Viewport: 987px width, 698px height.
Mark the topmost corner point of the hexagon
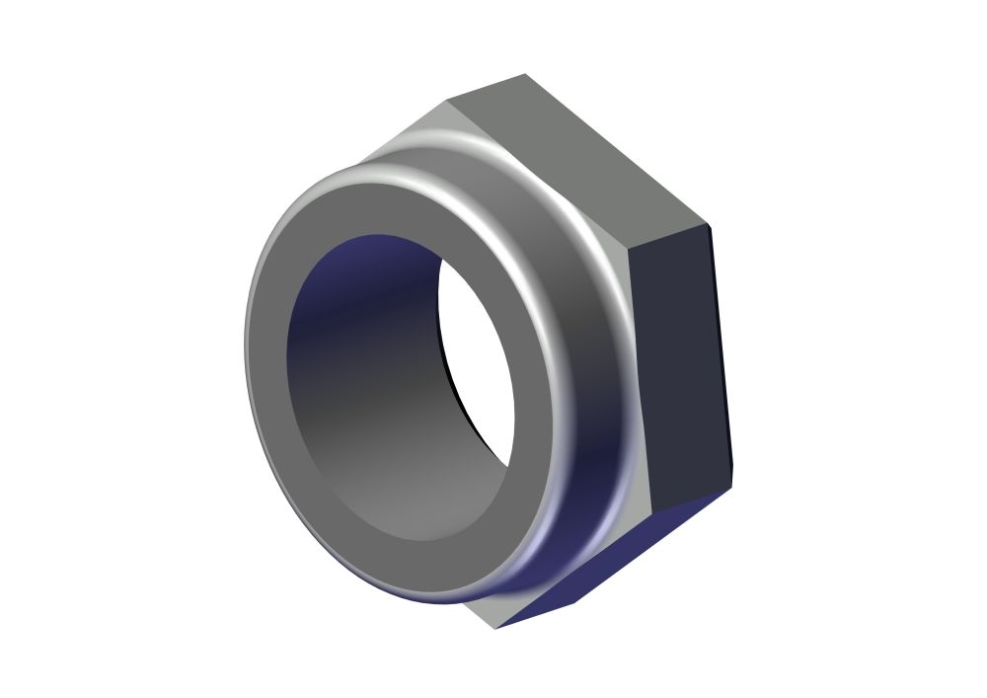pyautogui.click(x=524, y=74)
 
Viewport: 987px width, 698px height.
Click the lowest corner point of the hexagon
pyautogui.click(x=496, y=629)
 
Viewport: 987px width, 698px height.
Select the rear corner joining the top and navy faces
pyautogui.click(x=708, y=224)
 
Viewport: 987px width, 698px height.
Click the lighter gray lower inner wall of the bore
pyautogui.click(x=395, y=494)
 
